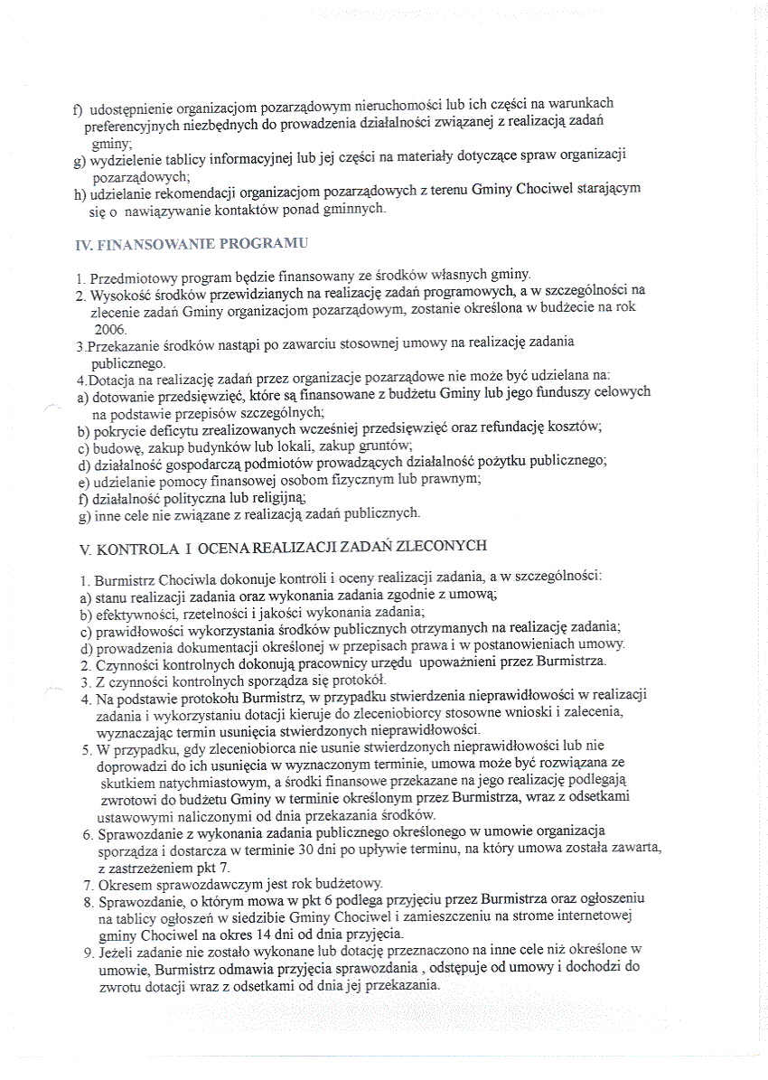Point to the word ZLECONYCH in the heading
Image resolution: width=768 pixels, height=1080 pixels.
click(445, 546)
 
